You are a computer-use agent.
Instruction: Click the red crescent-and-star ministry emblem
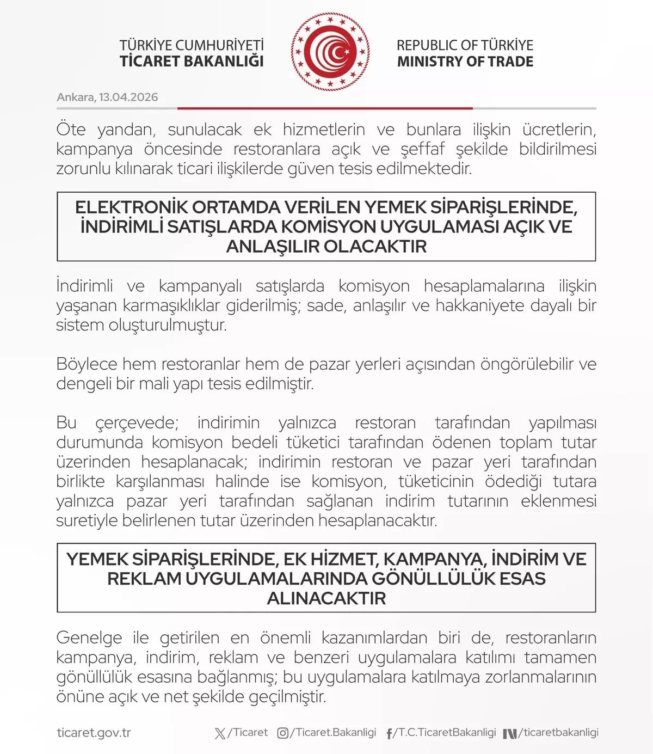(330, 52)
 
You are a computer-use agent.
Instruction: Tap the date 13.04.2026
(128, 97)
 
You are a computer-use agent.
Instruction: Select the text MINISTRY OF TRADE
(465, 62)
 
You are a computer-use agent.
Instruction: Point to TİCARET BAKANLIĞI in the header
(192, 61)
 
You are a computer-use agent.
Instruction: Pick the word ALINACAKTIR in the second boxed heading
(326, 598)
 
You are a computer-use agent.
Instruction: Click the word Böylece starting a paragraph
(87, 364)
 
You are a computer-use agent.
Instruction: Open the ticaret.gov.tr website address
(94, 733)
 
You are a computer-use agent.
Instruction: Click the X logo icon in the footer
(220, 733)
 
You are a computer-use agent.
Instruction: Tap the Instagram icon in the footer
(283, 733)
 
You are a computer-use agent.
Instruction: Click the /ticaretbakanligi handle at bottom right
(558, 733)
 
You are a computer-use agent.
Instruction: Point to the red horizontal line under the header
(325, 108)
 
